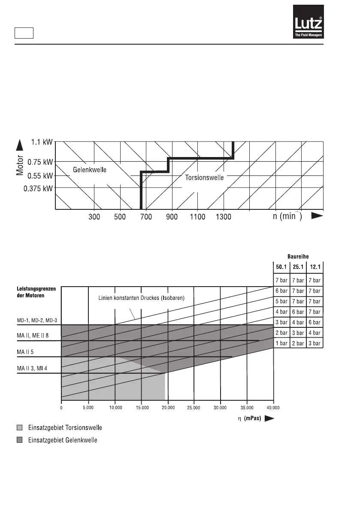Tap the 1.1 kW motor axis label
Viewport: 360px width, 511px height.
click(x=42, y=141)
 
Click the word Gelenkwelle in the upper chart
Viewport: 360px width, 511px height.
click(x=90, y=170)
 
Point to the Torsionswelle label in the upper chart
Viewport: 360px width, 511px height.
click(x=204, y=178)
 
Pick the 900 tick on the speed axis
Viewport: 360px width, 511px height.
click(x=172, y=217)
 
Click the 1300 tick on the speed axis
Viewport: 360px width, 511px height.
click(x=223, y=217)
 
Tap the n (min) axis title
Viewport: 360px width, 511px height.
click(x=287, y=216)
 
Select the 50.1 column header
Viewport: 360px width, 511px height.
click(x=281, y=267)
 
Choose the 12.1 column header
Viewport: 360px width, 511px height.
click(x=315, y=267)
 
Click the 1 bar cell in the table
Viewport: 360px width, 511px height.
click(x=281, y=343)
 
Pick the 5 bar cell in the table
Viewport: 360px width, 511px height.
click(x=281, y=302)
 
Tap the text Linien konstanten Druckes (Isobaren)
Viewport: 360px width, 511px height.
click(x=139, y=298)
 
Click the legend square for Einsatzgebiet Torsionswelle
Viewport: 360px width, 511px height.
click(x=19, y=428)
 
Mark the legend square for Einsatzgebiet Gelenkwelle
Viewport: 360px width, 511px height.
click(x=19, y=441)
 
